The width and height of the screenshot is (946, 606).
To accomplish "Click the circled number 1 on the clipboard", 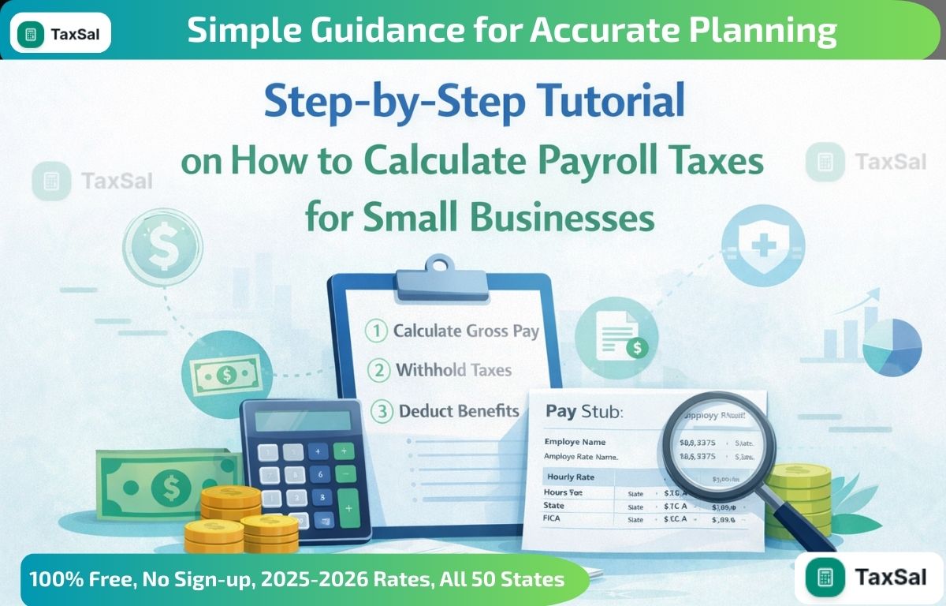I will tap(378, 331).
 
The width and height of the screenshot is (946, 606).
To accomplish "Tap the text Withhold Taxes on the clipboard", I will tap(453, 370).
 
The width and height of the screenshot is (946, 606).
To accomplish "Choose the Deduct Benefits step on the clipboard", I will tap(458, 410).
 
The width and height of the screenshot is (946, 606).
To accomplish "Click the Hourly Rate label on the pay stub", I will tap(569, 477).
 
